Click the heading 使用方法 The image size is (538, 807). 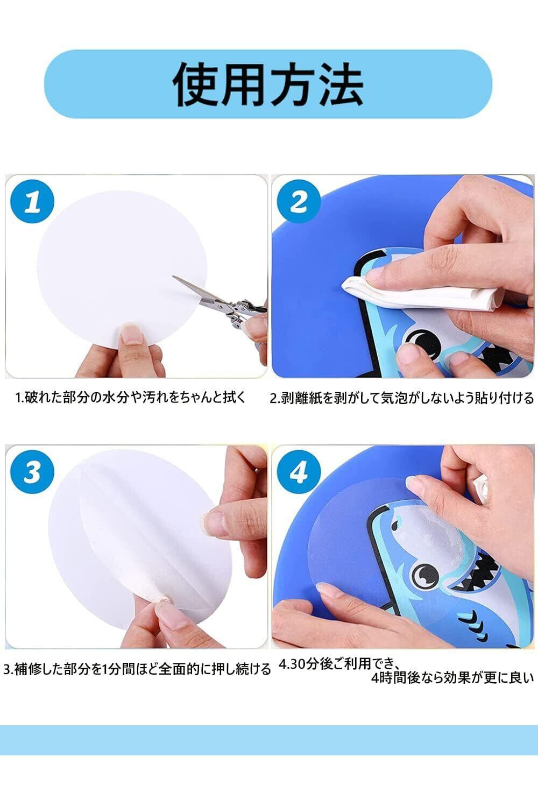tap(268, 84)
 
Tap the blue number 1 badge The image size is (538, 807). tap(32, 201)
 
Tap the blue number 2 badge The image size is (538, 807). tap(299, 201)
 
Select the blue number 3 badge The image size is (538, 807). tap(32, 472)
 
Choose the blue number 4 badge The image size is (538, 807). tap(299, 472)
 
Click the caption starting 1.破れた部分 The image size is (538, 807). tap(130, 398)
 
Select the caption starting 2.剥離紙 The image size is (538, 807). tap(401, 398)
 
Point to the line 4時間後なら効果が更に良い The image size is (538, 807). tap(452, 678)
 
